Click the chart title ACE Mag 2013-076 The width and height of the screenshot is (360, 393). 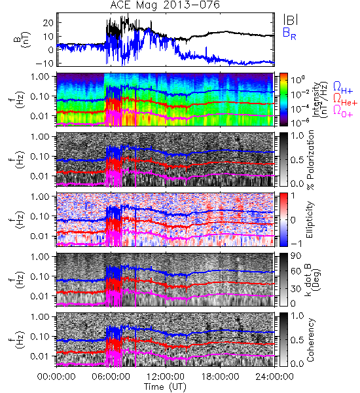point(165,5)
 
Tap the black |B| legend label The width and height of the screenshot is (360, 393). point(291,20)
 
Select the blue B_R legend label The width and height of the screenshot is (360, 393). point(289,33)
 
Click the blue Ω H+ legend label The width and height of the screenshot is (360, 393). point(343,88)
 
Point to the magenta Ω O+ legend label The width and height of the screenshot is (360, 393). point(343,111)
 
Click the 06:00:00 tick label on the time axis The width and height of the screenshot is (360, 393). point(111,377)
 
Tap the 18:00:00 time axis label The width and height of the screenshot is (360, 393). point(220,377)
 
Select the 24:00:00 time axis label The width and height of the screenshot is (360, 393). point(274,377)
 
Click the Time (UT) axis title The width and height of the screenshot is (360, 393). point(165,386)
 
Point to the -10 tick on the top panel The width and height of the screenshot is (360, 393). point(45,64)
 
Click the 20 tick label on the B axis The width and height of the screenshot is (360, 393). point(48,23)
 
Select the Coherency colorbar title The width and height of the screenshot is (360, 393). point(310,340)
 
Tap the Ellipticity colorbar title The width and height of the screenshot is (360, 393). point(310,219)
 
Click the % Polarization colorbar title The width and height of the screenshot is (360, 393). point(310,160)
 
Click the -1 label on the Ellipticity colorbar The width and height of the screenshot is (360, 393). point(296,244)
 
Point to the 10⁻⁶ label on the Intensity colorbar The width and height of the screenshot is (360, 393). point(298,122)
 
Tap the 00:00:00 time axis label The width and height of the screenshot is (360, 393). point(56,377)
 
